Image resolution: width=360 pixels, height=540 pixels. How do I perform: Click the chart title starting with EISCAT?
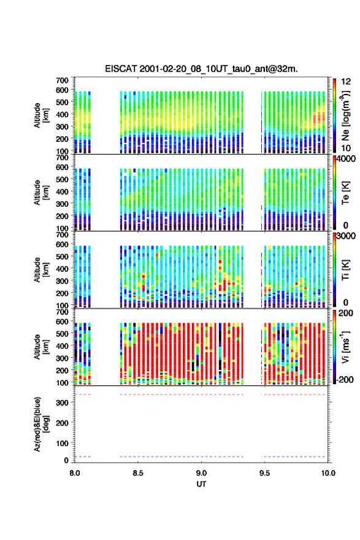coord(201,69)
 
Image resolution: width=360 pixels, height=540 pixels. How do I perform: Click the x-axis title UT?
coord(201,484)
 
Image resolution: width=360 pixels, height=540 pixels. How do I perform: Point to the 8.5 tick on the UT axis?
coord(137,473)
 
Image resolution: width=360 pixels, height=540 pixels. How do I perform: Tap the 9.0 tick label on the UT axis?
coord(201,473)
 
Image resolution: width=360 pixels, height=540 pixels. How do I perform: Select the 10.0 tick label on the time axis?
coord(328,473)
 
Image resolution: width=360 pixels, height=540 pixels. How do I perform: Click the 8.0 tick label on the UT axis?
coord(74,473)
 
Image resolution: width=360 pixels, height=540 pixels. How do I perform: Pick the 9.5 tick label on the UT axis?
coord(265,473)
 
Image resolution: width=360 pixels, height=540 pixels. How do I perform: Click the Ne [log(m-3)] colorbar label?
coord(345,116)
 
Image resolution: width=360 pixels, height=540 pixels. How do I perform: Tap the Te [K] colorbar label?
coord(345,193)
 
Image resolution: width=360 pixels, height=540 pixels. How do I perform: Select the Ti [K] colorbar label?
coord(345,269)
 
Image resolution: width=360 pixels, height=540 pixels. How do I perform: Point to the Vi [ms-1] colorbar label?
coord(345,347)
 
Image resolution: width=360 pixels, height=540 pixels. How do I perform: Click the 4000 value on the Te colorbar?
coord(347,159)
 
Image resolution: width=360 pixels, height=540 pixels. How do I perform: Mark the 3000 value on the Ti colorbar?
coord(347,236)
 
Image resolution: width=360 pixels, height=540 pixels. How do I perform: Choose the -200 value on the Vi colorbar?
coord(345,379)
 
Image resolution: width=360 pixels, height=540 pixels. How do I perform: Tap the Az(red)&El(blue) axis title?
coord(40,424)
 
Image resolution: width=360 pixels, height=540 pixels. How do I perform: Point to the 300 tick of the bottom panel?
coord(63,403)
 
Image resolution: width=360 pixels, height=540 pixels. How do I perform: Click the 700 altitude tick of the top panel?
coord(63,80)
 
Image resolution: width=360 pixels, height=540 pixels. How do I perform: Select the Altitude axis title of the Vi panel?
coord(40,347)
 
